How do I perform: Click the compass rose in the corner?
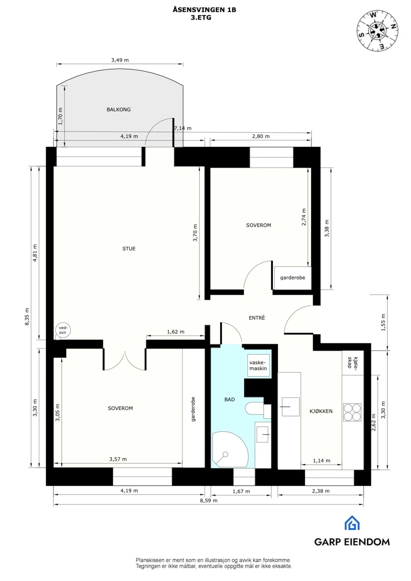pos(377,31)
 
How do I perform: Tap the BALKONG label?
pos(118,110)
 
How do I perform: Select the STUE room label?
pos(129,249)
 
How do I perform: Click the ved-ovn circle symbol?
pos(63,330)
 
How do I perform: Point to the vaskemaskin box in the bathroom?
pos(258,366)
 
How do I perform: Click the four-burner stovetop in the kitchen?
pos(352,412)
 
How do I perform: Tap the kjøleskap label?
pos(353,362)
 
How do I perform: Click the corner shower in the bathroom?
pos(230,450)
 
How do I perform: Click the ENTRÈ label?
pos(257,318)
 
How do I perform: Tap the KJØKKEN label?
pos(321,411)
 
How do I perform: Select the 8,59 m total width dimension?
pos(209,501)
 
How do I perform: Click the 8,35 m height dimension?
pos(27,317)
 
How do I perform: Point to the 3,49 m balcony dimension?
pos(120,60)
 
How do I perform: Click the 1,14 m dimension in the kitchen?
pos(322,461)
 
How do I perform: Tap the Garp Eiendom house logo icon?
pos(352,523)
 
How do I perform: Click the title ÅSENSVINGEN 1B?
pos(204,9)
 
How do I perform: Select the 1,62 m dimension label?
pos(176,332)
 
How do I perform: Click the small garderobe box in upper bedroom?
pos(293,278)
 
